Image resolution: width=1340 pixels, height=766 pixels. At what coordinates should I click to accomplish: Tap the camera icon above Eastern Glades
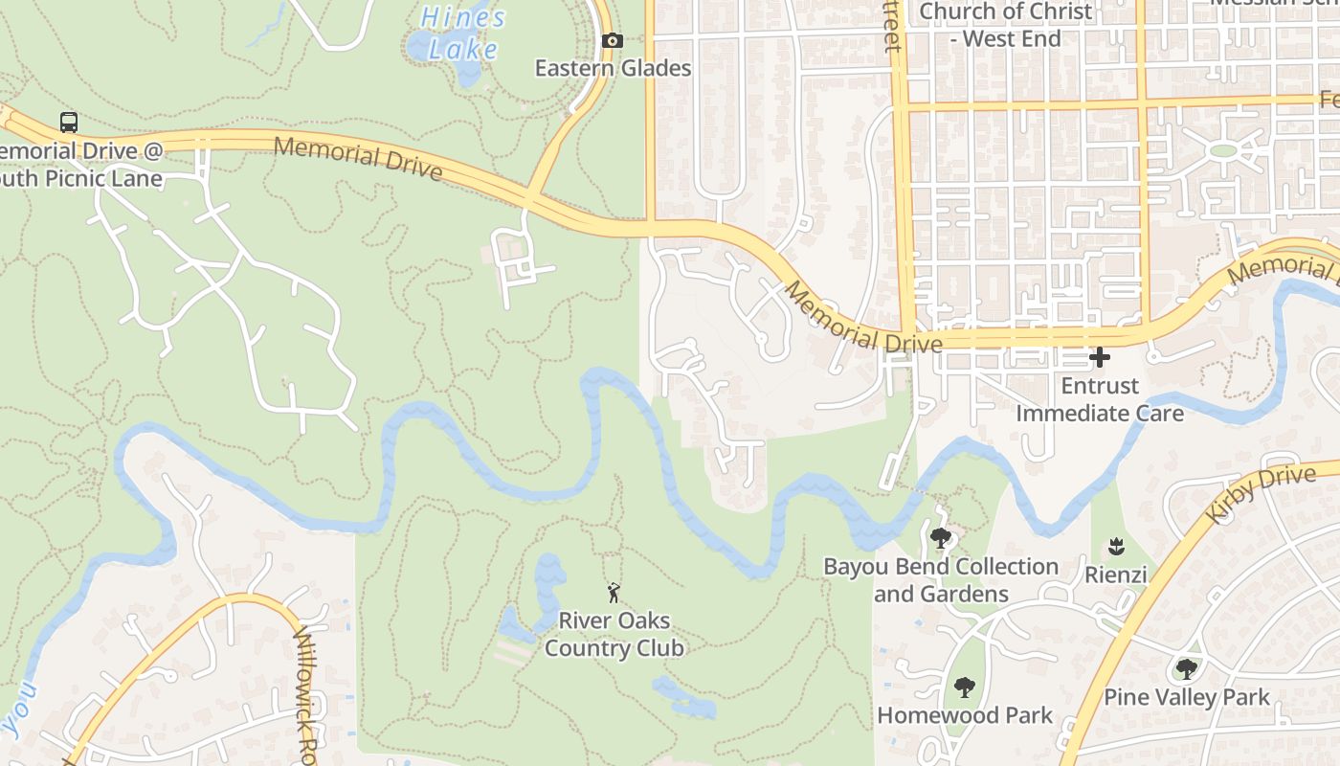pos(613,41)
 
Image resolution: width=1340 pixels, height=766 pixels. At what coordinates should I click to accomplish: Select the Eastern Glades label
pos(613,68)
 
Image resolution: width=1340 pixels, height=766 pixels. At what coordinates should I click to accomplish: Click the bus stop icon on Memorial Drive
pos(69,123)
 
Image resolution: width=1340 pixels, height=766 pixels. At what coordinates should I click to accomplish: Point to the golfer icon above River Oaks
pos(614,593)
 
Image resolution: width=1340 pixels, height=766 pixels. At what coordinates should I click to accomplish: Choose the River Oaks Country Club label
pos(614,634)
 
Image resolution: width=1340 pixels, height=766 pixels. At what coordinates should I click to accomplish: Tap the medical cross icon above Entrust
pos(1100,358)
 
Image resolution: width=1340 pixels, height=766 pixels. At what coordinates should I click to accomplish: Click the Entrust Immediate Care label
pos(1100,399)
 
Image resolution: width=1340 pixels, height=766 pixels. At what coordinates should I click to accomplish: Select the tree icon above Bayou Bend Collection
pos(941,538)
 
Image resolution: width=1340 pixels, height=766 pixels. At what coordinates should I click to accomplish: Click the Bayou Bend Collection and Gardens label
pos(941,580)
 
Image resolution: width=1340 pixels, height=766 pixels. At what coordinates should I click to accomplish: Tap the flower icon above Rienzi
pos(1115,548)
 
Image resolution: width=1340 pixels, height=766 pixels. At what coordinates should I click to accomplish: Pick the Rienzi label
pos(1115,574)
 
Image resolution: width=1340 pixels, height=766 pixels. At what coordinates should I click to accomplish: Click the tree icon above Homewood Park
pos(964,687)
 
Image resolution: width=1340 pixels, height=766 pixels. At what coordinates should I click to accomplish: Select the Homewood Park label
pos(965,714)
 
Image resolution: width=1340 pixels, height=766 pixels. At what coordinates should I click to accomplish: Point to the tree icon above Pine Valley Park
pos(1187,668)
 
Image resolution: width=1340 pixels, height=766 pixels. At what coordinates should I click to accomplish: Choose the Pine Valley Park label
pos(1187,696)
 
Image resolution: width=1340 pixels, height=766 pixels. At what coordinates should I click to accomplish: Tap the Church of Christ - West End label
pos(1005,25)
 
